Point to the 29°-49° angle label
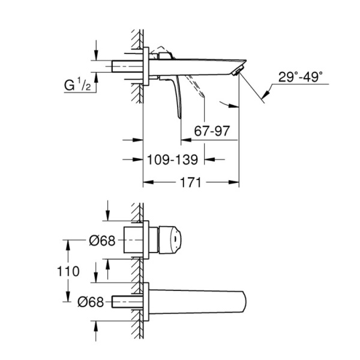point(300,77)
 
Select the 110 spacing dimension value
point(70,271)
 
